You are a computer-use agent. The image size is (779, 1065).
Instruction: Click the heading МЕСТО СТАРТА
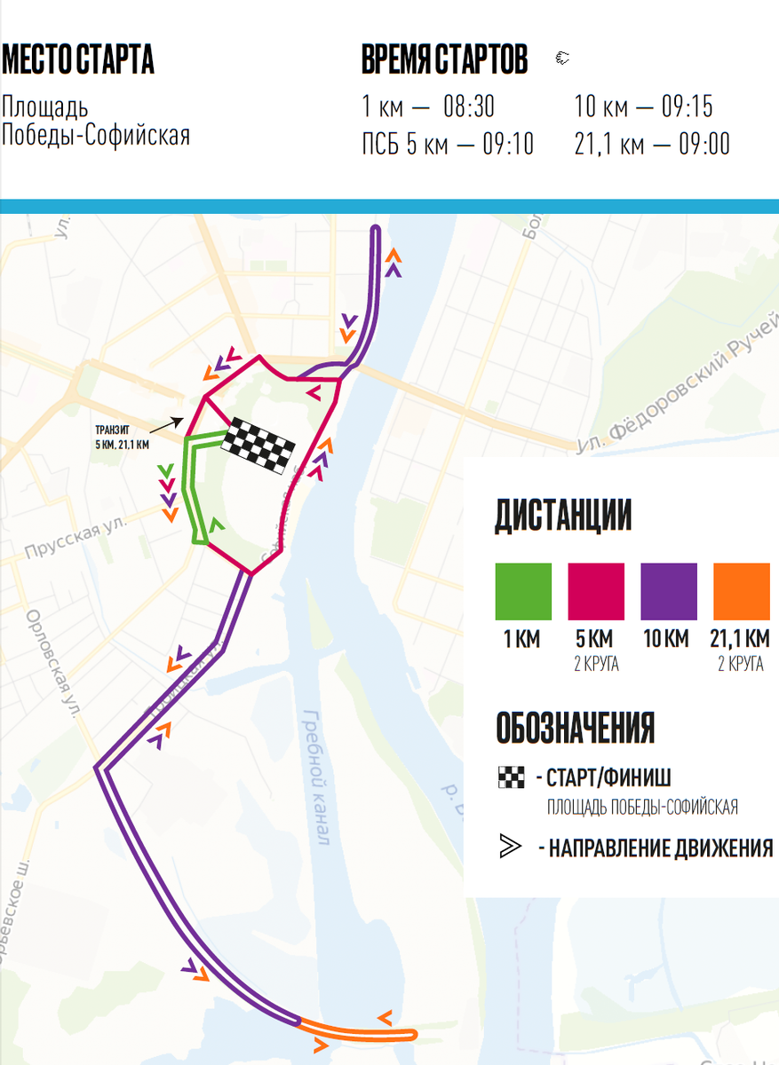78,59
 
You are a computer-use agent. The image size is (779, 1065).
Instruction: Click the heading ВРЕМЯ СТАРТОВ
444,59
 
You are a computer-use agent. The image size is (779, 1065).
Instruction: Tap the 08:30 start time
468,108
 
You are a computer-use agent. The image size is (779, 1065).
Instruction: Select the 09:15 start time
687,108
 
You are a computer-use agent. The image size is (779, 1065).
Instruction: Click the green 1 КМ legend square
523,592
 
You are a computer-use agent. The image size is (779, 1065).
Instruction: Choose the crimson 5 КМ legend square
596,592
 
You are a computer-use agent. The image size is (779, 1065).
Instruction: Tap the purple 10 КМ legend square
669,592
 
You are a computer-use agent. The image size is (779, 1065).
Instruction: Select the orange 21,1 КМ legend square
741,592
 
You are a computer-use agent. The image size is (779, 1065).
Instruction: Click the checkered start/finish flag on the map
258,444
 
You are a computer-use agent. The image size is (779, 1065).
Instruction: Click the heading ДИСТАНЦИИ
562,516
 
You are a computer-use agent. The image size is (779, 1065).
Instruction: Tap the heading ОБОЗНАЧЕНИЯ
575,728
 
